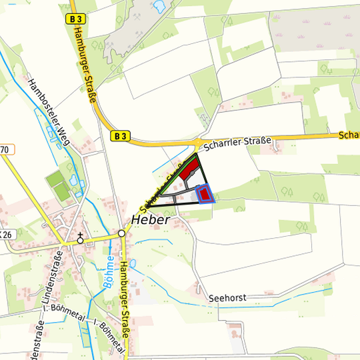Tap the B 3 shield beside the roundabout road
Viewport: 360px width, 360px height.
120,135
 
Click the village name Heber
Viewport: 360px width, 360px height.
151,219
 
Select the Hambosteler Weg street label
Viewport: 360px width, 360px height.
49,109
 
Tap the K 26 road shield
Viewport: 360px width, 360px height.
7,234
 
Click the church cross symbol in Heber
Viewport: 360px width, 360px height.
81,238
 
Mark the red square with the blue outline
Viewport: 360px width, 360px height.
205,194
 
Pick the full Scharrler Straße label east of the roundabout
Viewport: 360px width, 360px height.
238,141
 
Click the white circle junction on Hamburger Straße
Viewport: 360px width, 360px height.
121,234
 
